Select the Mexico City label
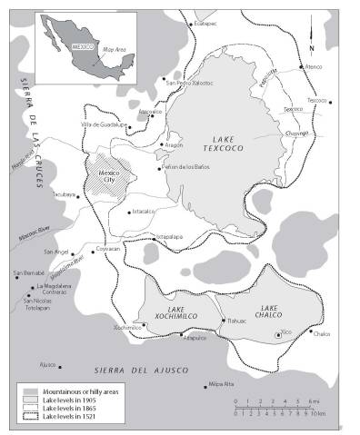coord(107,175)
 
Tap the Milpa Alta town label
coord(221,384)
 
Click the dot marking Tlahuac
coord(223,320)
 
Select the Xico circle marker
coord(278,336)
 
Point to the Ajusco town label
coord(49,367)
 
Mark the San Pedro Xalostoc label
coord(189,82)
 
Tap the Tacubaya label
coord(63,193)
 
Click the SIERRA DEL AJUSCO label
coord(141,370)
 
